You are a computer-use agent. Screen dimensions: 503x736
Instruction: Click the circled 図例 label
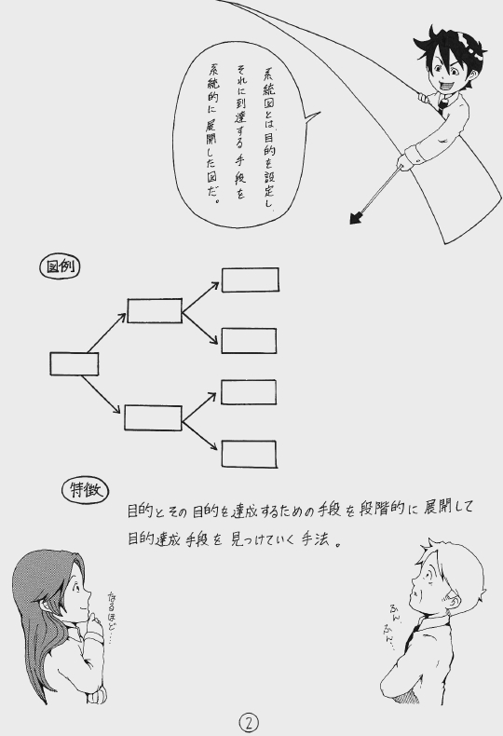60,267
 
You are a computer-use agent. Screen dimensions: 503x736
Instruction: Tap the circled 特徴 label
86,490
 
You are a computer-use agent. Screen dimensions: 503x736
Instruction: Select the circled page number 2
249,723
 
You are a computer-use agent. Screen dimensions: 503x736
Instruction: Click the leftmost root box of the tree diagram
75,363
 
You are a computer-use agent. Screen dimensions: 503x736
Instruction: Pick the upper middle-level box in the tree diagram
155,311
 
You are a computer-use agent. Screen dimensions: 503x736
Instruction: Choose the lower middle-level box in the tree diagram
153,417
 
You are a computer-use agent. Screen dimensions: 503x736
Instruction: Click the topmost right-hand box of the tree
250,279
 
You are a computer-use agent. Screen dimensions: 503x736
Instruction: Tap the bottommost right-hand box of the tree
249,454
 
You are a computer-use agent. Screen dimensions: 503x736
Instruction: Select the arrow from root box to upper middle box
106,333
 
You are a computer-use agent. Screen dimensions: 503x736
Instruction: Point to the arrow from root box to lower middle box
102,394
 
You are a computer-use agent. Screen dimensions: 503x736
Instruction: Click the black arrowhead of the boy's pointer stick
357,217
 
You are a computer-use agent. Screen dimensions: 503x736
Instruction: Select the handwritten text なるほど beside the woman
112,611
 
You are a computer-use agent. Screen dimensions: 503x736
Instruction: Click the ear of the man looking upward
452,598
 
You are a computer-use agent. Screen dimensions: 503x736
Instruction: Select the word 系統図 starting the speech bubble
268,93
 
